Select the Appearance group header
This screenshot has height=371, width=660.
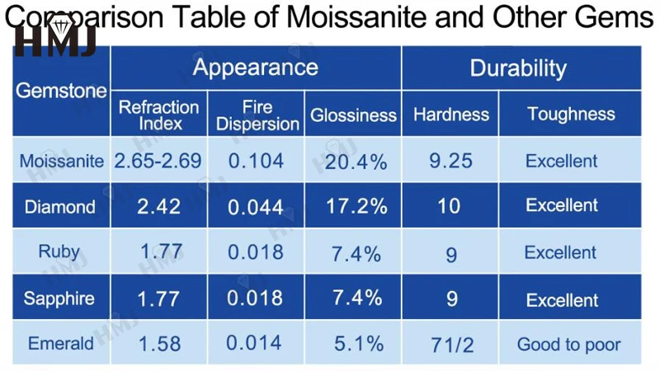[255, 68]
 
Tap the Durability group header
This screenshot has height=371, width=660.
[518, 68]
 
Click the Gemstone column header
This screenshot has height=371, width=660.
[62, 91]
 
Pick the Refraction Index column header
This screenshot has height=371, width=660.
[158, 115]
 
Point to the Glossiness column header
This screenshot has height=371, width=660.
[353, 115]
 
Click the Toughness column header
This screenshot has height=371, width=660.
[571, 115]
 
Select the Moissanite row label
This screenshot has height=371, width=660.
[62, 161]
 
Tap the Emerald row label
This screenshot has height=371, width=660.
[61, 343]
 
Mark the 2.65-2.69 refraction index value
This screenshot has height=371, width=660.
[158, 161]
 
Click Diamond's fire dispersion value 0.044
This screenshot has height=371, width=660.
[256, 206]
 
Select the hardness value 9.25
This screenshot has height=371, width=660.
[451, 161]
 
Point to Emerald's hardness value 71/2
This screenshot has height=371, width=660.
[451, 345]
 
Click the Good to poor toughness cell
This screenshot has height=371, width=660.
[569, 345]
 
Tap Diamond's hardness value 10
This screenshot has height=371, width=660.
[450, 206]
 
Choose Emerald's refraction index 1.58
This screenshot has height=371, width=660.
[159, 343]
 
